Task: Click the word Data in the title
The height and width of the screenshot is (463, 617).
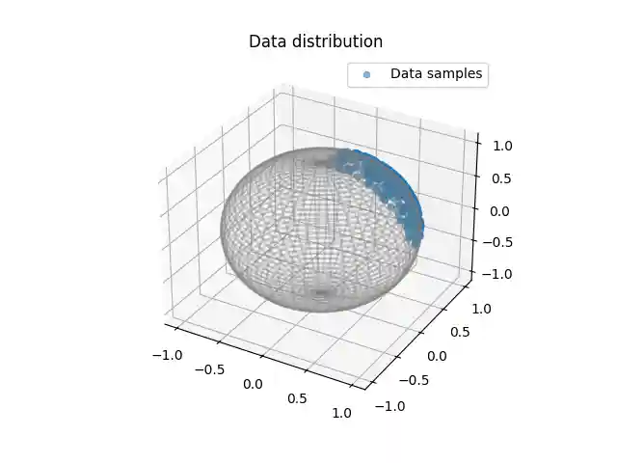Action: (x=266, y=41)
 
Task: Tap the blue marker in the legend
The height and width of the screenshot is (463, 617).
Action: (x=366, y=74)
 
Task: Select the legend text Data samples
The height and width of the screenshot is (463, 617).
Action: (x=436, y=73)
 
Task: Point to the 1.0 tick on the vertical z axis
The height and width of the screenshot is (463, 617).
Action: (x=503, y=146)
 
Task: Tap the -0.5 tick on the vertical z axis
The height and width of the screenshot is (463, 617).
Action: (x=499, y=242)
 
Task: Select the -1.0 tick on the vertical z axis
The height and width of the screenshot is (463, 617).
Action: (x=499, y=274)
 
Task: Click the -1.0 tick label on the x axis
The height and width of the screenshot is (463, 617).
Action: (x=166, y=354)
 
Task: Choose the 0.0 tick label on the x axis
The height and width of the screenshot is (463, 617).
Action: (x=253, y=384)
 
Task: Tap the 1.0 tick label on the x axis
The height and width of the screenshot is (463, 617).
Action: (x=342, y=413)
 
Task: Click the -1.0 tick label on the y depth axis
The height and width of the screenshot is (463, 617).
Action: (x=388, y=406)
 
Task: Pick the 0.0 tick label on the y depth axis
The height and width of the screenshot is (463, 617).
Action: (x=438, y=356)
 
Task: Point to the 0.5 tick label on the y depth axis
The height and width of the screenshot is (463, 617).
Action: (x=460, y=332)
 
